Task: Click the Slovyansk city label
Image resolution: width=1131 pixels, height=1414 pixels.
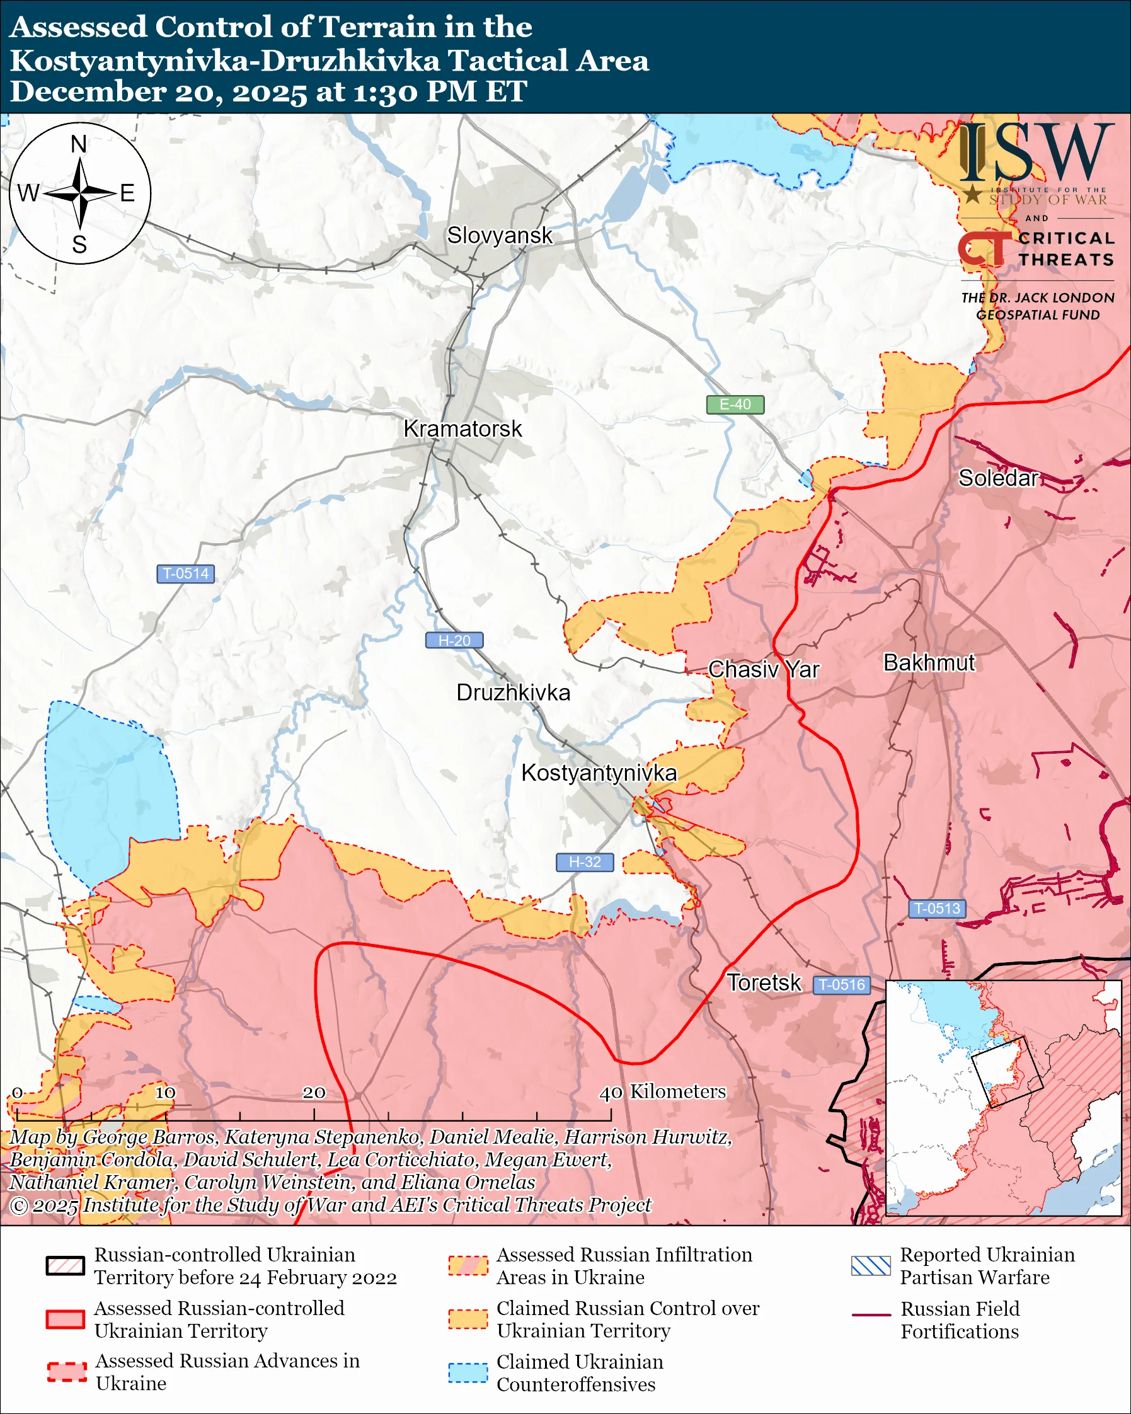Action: click(x=500, y=236)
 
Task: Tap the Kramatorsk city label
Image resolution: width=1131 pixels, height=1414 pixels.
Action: click(x=462, y=429)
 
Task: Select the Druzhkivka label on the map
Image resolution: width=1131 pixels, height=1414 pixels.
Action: click(x=513, y=693)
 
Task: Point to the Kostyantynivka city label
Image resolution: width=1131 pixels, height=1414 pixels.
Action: click(x=599, y=773)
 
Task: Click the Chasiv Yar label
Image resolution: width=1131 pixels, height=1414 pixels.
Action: click(x=763, y=670)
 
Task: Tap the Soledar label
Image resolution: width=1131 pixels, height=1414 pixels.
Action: click(x=998, y=478)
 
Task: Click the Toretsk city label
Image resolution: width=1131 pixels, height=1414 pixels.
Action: click(x=763, y=983)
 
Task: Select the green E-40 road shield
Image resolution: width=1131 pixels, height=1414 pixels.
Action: click(x=735, y=405)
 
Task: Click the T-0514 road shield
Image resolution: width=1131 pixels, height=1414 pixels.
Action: click(x=185, y=574)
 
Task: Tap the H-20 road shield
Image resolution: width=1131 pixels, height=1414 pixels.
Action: click(x=454, y=641)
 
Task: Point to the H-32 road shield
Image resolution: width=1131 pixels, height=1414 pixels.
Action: click(x=584, y=863)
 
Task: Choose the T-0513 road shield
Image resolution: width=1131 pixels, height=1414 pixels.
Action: click(x=937, y=909)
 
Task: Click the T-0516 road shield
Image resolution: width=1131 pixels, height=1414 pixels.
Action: click(x=842, y=985)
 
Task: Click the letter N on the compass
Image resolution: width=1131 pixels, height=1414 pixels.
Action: click(x=79, y=144)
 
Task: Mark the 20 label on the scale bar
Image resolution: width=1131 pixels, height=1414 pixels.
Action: click(x=313, y=1093)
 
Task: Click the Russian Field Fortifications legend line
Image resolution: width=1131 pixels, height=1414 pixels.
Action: click(x=871, y=1316)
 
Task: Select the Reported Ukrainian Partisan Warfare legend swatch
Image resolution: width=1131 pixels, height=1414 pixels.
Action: click(x=871, y=1266)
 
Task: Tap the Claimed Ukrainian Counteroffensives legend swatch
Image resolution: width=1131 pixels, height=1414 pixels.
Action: click(x=468, y=1372)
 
